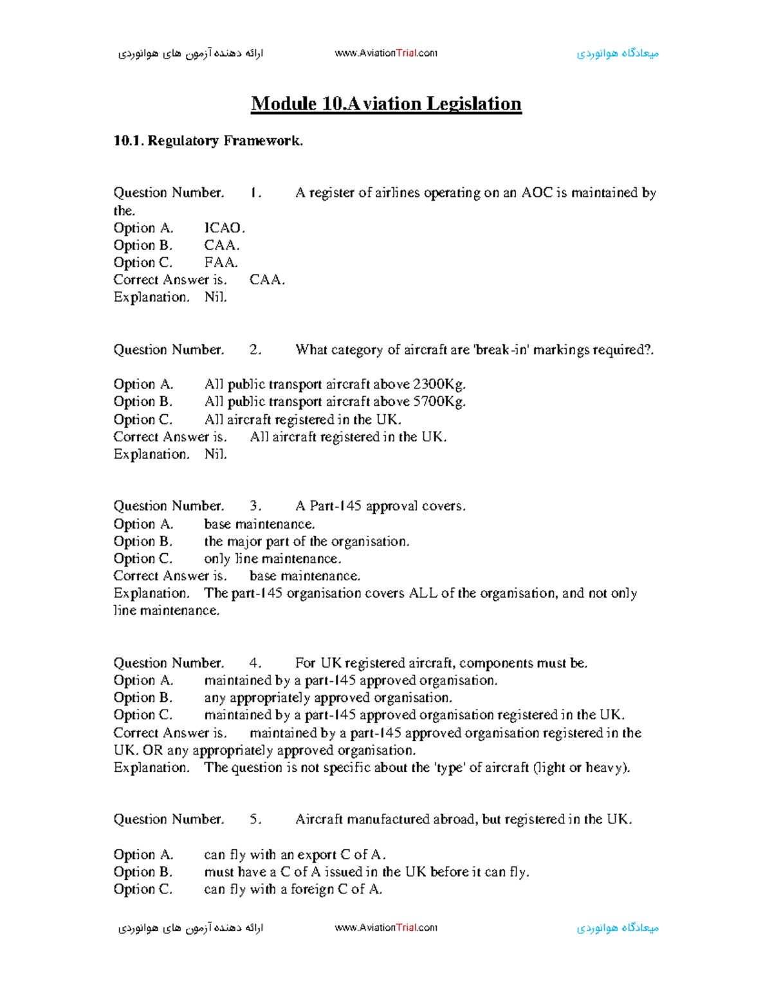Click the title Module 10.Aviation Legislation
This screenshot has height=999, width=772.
point(386,104)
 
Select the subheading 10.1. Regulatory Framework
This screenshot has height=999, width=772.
point(208,141)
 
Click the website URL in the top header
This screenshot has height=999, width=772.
point(386,53)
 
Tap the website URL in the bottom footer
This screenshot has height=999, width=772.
point(386,928)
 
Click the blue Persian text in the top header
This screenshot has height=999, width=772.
point(618,53)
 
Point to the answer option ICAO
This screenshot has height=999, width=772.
point(224,228)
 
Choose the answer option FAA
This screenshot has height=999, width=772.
point(221,262)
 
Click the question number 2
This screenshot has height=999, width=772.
point(255,350)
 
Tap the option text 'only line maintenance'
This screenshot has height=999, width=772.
point(272,559)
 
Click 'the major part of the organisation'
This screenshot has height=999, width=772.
point(306,542)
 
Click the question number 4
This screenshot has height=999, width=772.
point(255,663)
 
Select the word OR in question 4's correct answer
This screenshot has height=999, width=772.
point(152,751)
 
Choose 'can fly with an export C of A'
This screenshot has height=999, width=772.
point(295,855)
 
